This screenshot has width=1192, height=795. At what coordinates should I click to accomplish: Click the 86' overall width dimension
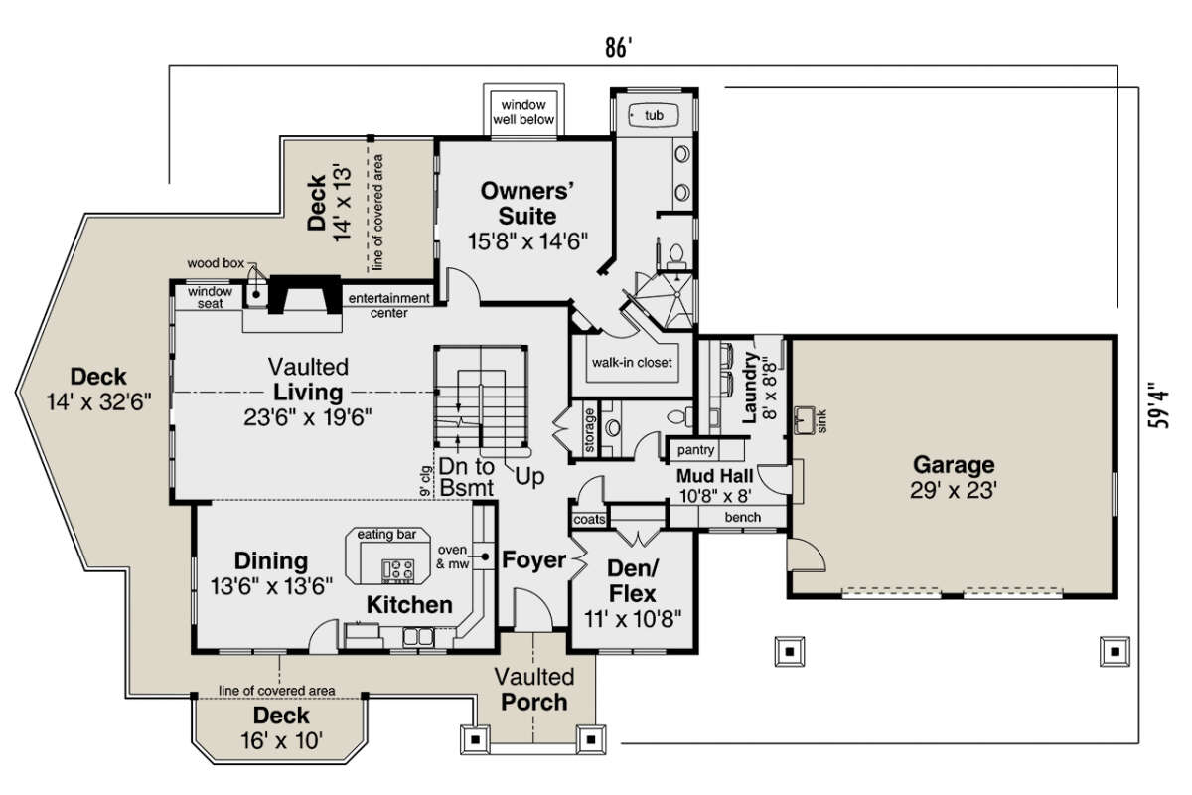coord(618,48)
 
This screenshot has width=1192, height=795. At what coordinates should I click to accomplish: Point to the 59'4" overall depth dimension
coord(1159,405)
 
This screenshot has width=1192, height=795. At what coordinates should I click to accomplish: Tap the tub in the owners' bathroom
coord(654,115)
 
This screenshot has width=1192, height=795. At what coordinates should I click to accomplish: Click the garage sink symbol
coord(804,420)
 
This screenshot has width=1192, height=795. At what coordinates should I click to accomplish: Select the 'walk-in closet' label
coord(632,363)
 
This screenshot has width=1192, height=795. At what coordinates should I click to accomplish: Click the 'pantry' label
coord(695,450)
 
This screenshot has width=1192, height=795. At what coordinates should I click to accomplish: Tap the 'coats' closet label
coord(590,519)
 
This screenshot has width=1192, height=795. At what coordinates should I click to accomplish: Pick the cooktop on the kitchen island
coord(397,569)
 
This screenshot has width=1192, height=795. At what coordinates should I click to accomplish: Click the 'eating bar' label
coord(386,534)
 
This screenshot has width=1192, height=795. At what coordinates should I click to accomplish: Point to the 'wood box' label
coord(216,263)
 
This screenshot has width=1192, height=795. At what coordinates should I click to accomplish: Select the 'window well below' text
coord(523,112)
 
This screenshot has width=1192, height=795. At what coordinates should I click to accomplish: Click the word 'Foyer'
coord(533,560)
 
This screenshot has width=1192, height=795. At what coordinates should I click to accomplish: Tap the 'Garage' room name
coord(954,465)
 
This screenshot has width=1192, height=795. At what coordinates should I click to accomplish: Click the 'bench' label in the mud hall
coord(742,517)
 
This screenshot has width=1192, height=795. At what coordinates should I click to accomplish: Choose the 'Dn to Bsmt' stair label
coord(467,477)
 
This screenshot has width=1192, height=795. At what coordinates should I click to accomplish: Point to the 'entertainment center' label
coord(389,306)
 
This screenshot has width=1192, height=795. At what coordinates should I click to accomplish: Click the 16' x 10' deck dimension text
coord(281,740)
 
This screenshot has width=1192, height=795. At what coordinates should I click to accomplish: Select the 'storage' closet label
coord(589,430)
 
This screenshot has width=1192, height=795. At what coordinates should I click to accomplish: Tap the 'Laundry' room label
coord(749,388)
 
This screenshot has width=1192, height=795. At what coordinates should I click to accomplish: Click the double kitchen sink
coord(418,637)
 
